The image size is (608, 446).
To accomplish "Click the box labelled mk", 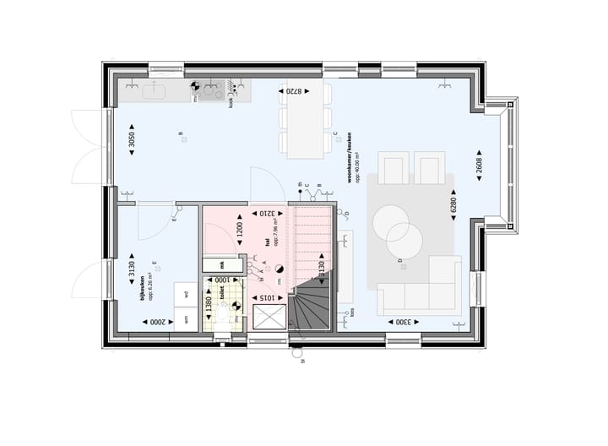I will tap(221, 264).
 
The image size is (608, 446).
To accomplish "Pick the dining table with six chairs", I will tap(306, 122).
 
